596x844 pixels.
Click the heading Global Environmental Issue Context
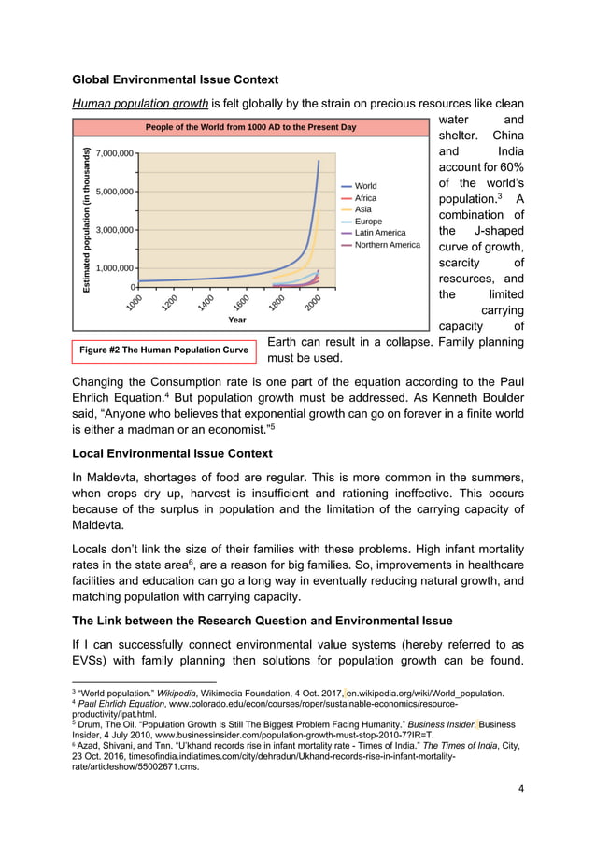tap(174, 79)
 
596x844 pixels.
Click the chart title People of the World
tap(250, 126)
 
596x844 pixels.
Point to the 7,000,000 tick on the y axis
tap(112, 152)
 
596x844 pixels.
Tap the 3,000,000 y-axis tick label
tap(112, 229)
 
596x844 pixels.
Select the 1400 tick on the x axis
tap(206, 302)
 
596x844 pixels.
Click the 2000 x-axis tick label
tap(313, 302)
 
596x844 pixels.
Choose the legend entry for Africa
tap(365, 198)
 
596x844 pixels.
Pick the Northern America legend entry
tap(387, 245)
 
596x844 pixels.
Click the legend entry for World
tap(365, 186)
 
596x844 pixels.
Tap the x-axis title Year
tap(237, 319)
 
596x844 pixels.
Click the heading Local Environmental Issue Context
tap(172, 453)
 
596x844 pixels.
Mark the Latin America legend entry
tap(380, 233)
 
